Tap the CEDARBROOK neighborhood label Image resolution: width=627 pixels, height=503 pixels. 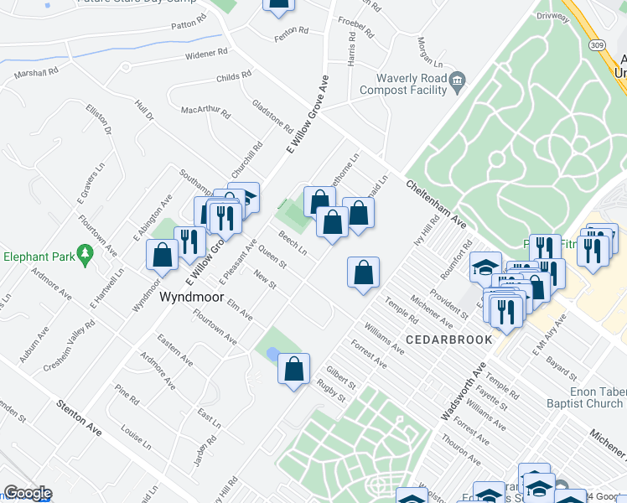click(443, 339)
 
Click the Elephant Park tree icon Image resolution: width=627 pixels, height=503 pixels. click(84, 251)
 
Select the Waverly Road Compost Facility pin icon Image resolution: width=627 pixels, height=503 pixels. click(457, 81)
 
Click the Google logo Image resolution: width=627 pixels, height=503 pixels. click(28, 493)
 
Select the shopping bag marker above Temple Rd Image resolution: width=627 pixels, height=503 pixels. click(363, 272)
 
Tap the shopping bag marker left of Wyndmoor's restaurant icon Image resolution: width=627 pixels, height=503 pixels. click(162, 255)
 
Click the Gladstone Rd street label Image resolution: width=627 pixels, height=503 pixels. click(272, 117)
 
